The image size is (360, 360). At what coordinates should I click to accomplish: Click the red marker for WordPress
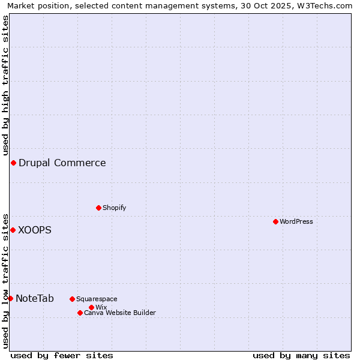[275, 221]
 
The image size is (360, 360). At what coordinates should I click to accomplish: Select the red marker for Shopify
[98, 208]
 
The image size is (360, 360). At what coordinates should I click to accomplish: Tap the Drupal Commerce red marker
[13, 163]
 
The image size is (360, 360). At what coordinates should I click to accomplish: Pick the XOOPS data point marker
[13, 230]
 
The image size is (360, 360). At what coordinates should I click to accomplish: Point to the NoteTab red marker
[10, 298]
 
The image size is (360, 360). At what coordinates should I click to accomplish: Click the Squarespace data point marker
[72, 299]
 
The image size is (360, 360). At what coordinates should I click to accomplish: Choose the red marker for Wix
[91, 307]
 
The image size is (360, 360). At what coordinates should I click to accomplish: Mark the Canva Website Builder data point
[80, 313]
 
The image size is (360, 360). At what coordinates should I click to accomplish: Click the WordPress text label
[296, 221]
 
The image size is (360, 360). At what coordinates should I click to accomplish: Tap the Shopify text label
[115, 208]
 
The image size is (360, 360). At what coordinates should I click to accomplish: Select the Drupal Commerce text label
[62, 163]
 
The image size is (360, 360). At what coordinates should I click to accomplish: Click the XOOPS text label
[35, 230]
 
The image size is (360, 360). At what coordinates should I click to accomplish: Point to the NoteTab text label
[35, 298]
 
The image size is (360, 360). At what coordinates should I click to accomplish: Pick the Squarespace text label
[97, 299]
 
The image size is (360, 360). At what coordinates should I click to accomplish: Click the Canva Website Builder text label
[120, 313]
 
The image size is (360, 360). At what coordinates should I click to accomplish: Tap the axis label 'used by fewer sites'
[62, 355]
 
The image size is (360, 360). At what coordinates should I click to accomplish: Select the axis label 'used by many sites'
[301, 355]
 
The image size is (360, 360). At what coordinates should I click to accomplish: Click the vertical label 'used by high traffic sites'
[6, 85]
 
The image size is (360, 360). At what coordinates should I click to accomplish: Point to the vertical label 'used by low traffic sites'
[6, 280]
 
